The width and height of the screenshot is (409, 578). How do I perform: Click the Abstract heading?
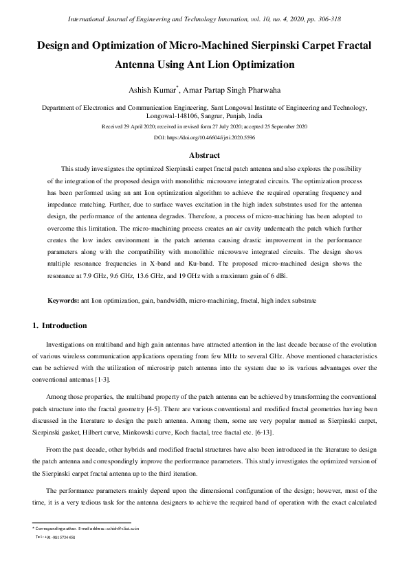pyautogui.click(x=204, y=155)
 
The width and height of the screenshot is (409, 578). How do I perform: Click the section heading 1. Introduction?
pyautogui.click(x=60, y=325)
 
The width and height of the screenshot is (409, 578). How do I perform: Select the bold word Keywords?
pyautogui.click(x=63, y=301)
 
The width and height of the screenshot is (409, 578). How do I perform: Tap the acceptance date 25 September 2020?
pyautogui.click(x=284, y=127)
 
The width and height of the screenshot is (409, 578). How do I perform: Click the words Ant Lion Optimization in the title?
pyautogui.click(x=237, y=65)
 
